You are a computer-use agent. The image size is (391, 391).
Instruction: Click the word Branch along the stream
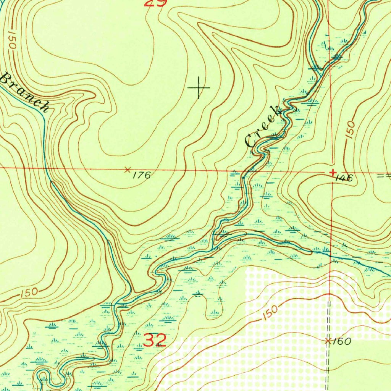pos(24,92)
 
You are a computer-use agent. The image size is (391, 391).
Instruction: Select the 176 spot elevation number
pos(142,175)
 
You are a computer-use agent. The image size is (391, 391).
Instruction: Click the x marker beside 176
pos(128,169)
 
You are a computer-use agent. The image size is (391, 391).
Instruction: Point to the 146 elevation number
pos(344,178)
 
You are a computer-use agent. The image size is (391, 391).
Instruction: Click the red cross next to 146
pos(333,173)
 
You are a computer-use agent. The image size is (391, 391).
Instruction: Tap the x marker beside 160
pos(328,341)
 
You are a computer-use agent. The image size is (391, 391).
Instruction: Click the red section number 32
pos(155,340)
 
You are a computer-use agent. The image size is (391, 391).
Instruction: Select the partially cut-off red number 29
pos(155,3)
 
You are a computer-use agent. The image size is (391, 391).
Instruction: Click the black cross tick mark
pos(199,87)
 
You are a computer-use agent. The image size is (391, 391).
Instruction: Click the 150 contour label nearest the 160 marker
pos(271,313)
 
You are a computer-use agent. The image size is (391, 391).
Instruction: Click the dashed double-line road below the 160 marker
pos(328,367)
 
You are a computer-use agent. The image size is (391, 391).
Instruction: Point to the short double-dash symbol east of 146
pos(383,176)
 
